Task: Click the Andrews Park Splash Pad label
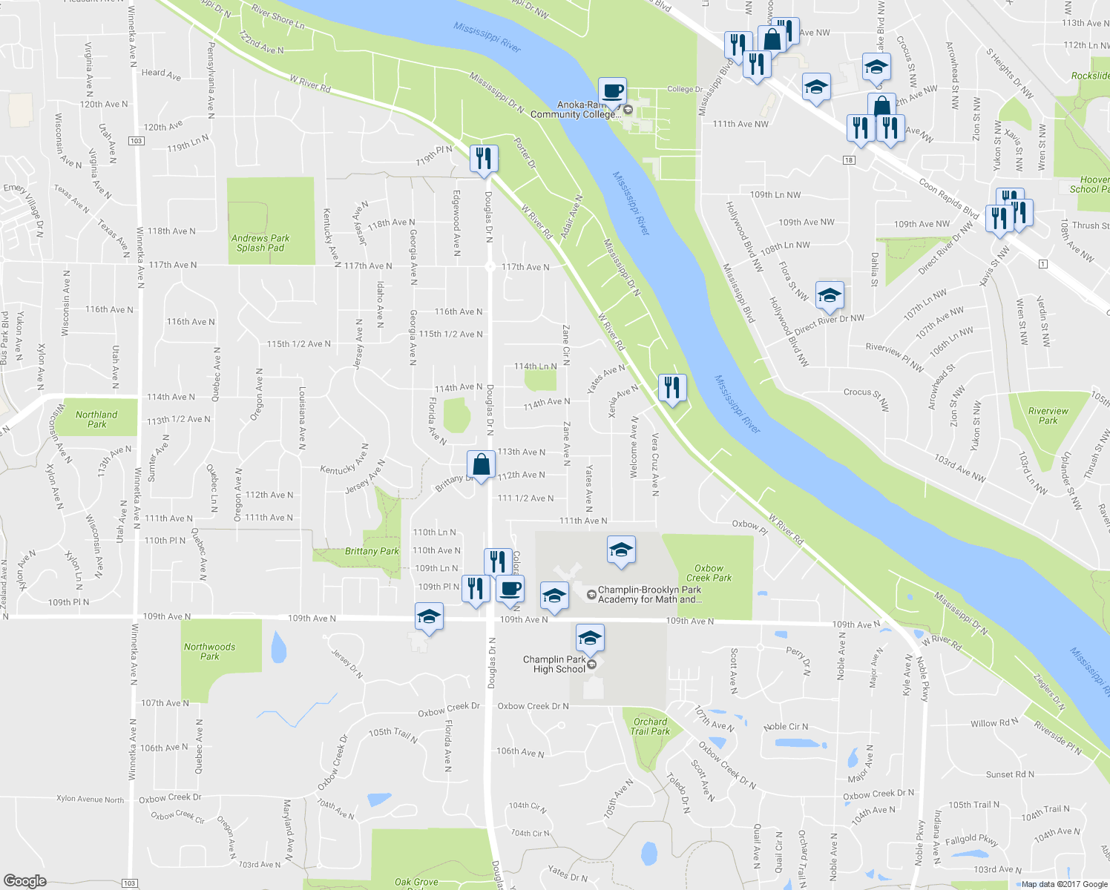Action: click(260, 243)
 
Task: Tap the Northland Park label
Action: click(96, 420)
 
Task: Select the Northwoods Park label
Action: click(210, 651)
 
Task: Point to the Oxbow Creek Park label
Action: click(709, 573)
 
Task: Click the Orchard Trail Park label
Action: click(650, 726)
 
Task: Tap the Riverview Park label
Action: click(1048, 415)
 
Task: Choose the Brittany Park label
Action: click(372, 551)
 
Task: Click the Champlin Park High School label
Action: click(554, 664)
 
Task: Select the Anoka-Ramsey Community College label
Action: click(574, 110)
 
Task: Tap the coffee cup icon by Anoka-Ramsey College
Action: click(612, 91)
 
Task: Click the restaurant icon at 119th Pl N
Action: click(483, 158)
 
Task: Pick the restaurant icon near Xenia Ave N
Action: click(671, 387)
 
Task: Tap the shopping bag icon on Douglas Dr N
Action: click(481, 464)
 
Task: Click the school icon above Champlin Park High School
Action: click(590, 638)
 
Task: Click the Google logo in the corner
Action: click(24, 880)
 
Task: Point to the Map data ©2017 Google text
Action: click(1064, 884)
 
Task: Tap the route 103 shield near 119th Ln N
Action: click(135, 141)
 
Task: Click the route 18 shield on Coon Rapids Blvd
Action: click(849, 160)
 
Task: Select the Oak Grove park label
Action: click(416, 882)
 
